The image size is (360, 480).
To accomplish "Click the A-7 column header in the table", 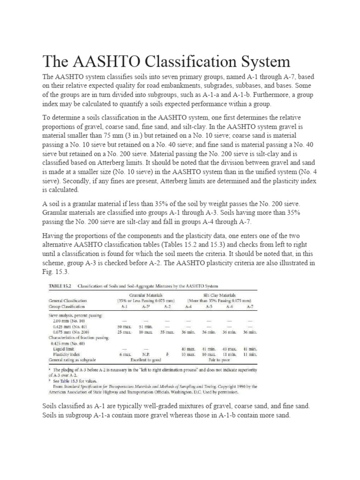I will [x=250, y=306].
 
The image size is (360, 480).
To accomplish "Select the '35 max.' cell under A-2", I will [x=167, y=331].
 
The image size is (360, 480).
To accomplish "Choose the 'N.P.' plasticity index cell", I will [x=146, y=355].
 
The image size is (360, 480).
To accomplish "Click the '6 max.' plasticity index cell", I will [x=124, y=355].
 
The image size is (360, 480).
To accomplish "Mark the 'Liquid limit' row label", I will [x=66, y=349].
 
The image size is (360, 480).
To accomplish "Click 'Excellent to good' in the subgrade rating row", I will [x=145, y=360].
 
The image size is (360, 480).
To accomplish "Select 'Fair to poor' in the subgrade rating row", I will [x=219, y=360].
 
